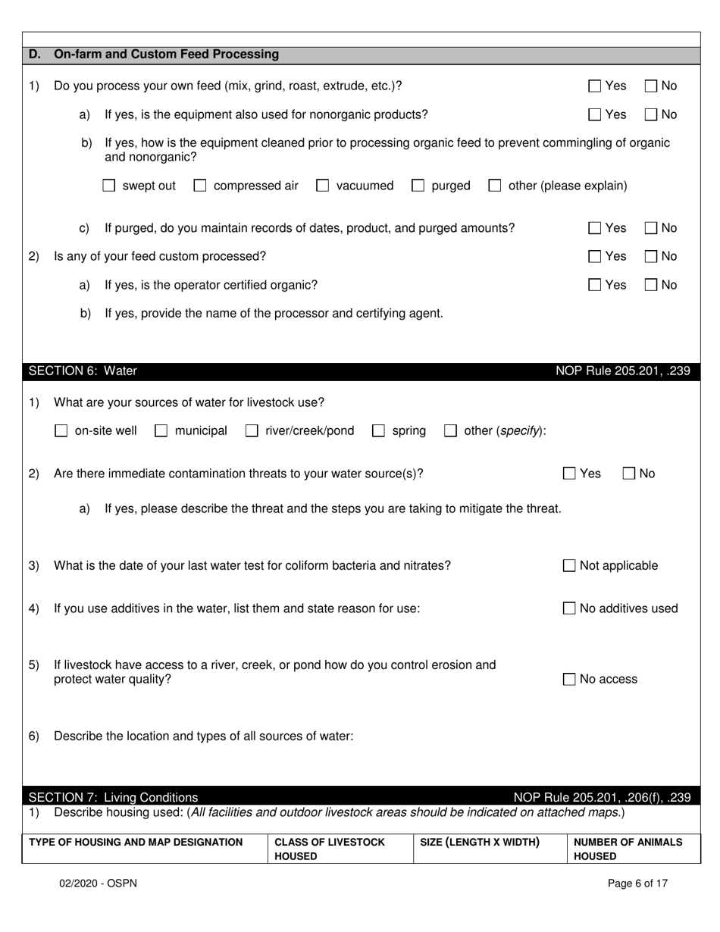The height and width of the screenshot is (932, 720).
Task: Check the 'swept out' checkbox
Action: [x=109, y=186]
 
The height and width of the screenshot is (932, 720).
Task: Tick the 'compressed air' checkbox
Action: [x=200, y=186]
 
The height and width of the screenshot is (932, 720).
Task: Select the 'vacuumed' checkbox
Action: [x=323, y=186]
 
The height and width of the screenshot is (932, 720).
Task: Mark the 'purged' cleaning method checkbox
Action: [x=418, y=186]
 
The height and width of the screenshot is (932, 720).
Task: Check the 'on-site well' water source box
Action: [x=61, y=431]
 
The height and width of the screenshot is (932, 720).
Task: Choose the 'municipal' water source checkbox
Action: [x=161, y=431]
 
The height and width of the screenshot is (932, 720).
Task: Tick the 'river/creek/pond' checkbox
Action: [x=252, y=431]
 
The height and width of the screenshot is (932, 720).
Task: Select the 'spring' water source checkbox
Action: [x=378, y=431]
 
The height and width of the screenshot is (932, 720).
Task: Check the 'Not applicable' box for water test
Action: [x=569, y=566]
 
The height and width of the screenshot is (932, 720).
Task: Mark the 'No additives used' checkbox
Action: [x=569, y=608]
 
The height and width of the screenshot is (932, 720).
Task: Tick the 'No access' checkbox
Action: [x=569, y=680]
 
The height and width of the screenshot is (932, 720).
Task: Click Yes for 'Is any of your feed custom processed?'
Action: [x=595, y=257]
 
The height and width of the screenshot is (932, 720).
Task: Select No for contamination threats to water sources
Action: [x=629, y=474]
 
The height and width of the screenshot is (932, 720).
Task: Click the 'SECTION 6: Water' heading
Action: [x=83, y=371]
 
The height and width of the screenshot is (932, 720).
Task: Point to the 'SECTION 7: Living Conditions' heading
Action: [x=113, y=797]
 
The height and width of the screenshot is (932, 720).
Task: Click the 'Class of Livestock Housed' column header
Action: [x=330, y=849]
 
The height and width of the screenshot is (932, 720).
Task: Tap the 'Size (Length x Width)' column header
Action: [x=479, y=842]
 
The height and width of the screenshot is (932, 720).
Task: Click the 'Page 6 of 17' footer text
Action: [x=637, y=883]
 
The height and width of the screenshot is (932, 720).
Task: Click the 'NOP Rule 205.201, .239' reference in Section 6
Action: [x=622, y=371]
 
